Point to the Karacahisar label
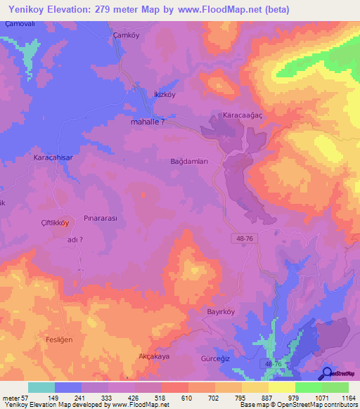coord(52,158)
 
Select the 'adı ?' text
coord(75,240)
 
